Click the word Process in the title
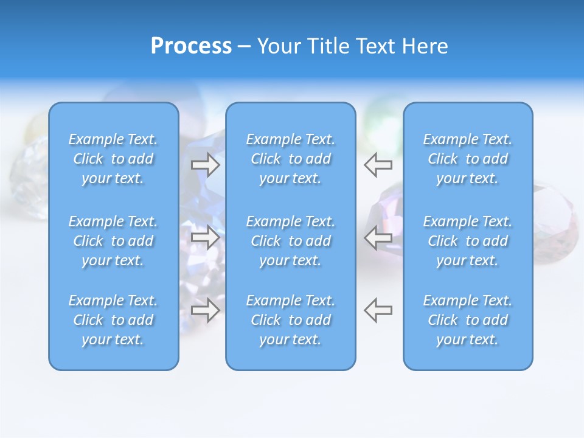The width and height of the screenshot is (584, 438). pyautogui.click(x=191, y=46)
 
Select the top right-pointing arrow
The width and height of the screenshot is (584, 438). pyautogui.click(x=206, y=165)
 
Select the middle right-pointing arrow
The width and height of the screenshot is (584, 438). pyautogui.click(x=206, y=237)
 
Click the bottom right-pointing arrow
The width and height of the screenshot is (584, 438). pyautogui.click(x=206, y=310)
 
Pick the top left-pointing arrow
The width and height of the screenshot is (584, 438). pyautogui.click(x=378, y=164)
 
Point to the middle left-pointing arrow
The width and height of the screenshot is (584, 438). pyautogui.click(x=378, y=237)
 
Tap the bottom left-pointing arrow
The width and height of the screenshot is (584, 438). pyautogui.click(x=378, y=310)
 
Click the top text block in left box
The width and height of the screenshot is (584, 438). pyautogui.click(x=113, y=159)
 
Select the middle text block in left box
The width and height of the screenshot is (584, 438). pyautogui.click(x=113, y=241)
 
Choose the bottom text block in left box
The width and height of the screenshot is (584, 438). pyautogui.click(x=113, y=320)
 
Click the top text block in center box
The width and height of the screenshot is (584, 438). pyautogui.click(x=290, y=159)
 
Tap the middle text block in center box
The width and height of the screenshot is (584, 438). pyautogui.click(x=290, y=241)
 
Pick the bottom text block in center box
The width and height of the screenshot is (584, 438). pyautogui.click(x=290, y=320)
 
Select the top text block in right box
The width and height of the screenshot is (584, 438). pyautogui.click(x=467, y=159)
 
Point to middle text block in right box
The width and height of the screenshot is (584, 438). pyautogui.click(x=467, y=241)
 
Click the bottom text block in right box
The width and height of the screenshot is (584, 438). pyautogui.click(x=467, y=320)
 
